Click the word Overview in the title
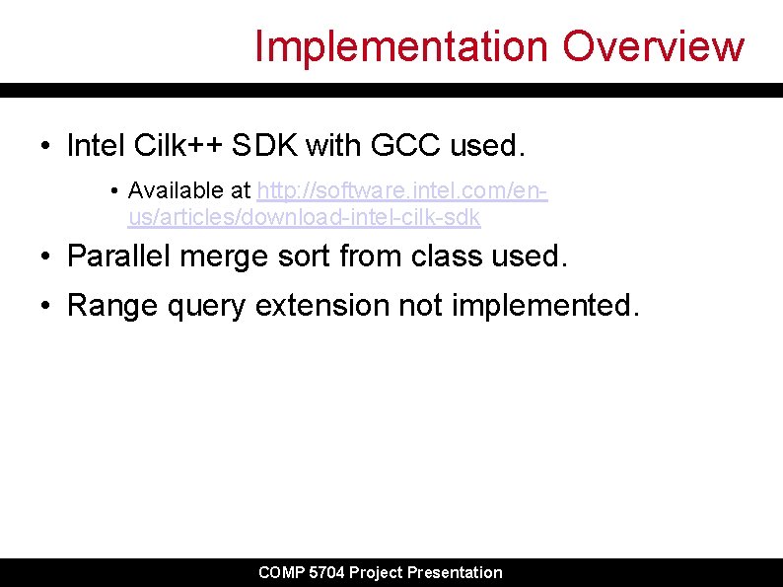pyautogui.click(x=654, y=46)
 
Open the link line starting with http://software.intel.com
pyautogui.click(x=402, y=189)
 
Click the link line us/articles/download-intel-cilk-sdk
pyautogui.click(x=304, y=216)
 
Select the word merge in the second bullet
pyautogui.click(x=221, y=257)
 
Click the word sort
pyautogui.click(x=303, y=257)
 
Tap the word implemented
pyautogui.click(x=545, y=306)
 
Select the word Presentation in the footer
pyautogui.click(x=456, y=573)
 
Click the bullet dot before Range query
pyautogui.click(x=46, y=307)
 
